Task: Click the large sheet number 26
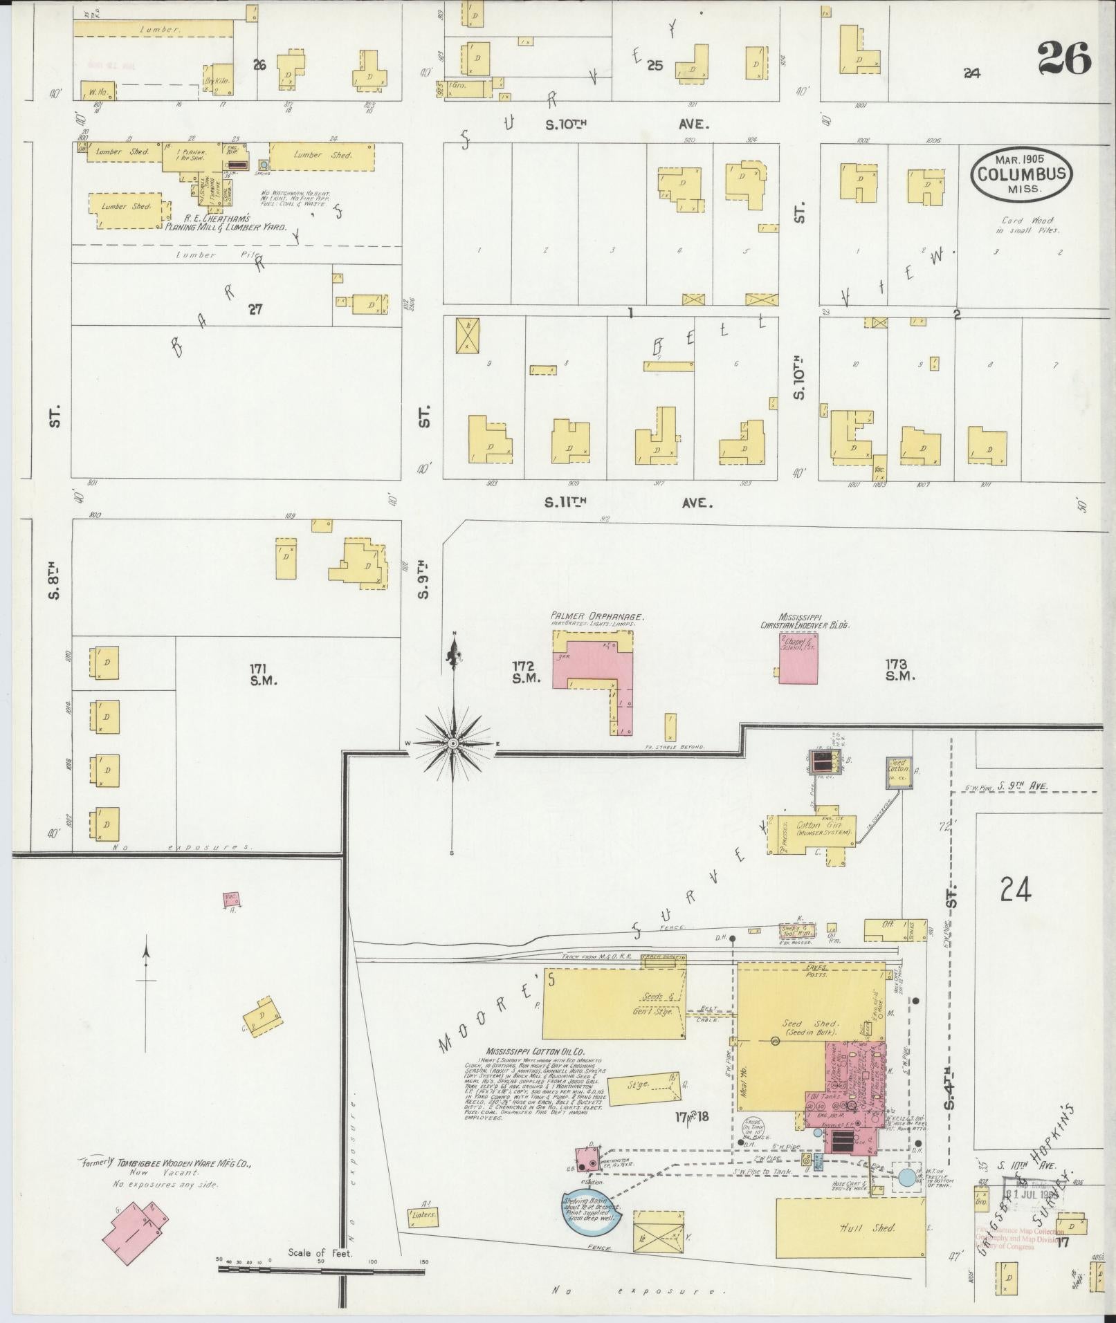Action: click(x=1063, y=59)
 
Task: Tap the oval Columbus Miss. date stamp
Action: click(x=1021, y=173)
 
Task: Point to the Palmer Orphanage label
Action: click(x=598, y=616)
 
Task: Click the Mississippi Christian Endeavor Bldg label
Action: click(x=805, y=620)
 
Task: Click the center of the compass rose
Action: click(x=452, y=743)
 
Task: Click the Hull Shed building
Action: click(x=850, y=1228)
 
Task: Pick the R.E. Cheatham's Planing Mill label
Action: click(x=225, y=227)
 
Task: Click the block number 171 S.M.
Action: click(x=263, y=674)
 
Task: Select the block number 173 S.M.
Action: click(x=900, y=669)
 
